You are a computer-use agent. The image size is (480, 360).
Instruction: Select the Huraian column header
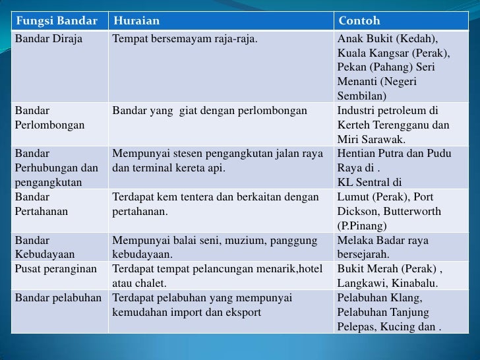point(136,21)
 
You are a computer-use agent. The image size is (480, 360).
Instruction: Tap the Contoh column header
point(359,21)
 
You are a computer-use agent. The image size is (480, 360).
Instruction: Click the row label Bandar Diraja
point(48,39)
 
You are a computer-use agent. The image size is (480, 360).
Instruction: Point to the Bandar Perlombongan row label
point(49,117)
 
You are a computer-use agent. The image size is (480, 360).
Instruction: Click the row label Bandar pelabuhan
point(58,297)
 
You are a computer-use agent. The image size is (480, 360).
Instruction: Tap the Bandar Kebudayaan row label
point(44,247)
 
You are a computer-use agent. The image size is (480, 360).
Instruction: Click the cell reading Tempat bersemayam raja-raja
point(185,39)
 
